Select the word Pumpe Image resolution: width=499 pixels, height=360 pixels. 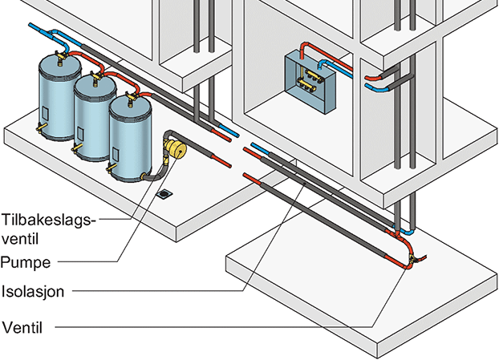(x=26, y=261)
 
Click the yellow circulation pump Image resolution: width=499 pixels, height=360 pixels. (x=174, y=148)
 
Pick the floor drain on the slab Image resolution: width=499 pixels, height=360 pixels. (x=165, y=193)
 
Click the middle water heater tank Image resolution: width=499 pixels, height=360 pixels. (x=91, y=118)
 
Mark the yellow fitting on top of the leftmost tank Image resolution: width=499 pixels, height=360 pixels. (x=56, y=57)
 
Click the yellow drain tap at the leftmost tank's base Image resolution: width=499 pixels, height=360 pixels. (x=39, y=128)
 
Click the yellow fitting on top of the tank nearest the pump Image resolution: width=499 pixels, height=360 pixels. (x=128, y=97)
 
